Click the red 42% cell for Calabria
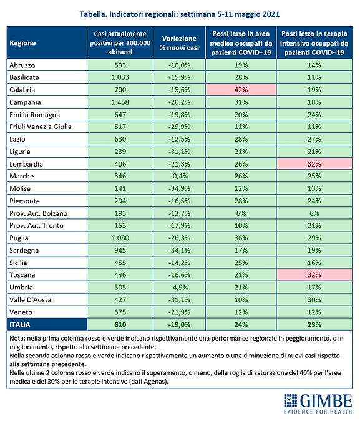click(241, 90)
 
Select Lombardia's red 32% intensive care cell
click(314, 164)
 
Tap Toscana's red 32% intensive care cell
click(314, 275)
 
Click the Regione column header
click(22, 43)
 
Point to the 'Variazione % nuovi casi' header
click(179, 43)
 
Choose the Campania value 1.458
click(120, 102)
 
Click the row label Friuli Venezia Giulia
click(41, 127)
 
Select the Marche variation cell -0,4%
click(179, 176)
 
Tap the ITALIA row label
click(20, 324)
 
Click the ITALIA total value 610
click(120, 324)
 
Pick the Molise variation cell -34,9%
click(179, 188)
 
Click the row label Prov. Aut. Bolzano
click(39, 213)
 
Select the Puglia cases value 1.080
click(120, 238)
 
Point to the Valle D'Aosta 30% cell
click(314, 299)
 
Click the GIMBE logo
click(318, 404)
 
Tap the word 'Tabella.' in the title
click(93, 14)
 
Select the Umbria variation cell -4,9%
click(179, 288)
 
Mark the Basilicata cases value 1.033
click(120, 77)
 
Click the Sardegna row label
click(24, 251)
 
